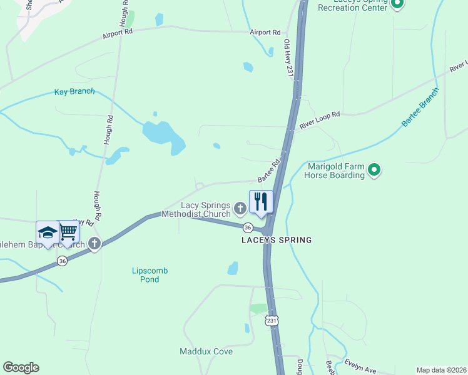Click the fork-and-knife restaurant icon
[x=261, y=201]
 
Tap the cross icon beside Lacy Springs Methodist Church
[x=240, y=207]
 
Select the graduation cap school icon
[x=48, y=232]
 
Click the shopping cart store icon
[x=68, y=232]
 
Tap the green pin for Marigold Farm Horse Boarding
[x=374, y=169]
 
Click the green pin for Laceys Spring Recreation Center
[x=397, y=5]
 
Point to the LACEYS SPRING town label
[x=277, y=240]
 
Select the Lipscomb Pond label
[x=150, y=275]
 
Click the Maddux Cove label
[x=206, y=351]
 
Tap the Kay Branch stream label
[x=74, y=91]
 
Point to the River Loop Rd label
[x=319, y=119]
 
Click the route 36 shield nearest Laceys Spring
[x=248, y=227]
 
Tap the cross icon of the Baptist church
[x=94, y=244]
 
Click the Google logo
[x=21, y=367]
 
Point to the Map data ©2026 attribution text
[x=440, y=369]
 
